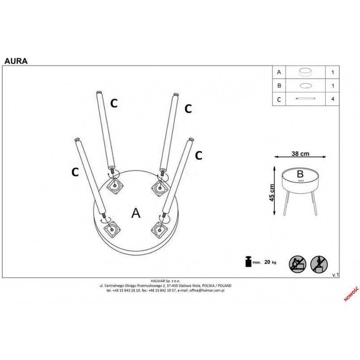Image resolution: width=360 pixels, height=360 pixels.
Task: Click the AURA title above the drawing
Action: coord(16,61)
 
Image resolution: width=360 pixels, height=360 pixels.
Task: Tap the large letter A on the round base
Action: coord(136,213)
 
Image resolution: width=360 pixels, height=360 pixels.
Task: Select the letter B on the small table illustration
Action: coord(300,174)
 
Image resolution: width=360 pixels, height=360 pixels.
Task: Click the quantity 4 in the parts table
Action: coord(332,99)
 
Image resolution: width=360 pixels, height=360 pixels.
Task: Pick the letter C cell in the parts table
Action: coord(279,100)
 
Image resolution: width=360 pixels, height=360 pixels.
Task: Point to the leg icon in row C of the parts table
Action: coord(305,99)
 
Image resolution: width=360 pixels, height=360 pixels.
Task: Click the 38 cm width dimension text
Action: coord(300,154)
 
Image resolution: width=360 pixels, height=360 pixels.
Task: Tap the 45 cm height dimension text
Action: coord(272,193)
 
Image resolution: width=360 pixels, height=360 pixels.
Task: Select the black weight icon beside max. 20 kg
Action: coord(248,261)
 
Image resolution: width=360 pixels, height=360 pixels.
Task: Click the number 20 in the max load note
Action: coord(267,262)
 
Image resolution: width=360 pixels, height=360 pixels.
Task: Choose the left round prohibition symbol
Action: coord(298,264)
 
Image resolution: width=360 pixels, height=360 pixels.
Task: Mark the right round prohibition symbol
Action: coord(319,264)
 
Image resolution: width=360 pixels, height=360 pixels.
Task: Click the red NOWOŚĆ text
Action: coord(351,294)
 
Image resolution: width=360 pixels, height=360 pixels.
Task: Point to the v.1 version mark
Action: coord(335,275)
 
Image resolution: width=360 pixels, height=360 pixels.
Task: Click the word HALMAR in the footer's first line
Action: coord(158,281)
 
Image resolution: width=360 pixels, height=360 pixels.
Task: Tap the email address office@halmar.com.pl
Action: coord(207,290)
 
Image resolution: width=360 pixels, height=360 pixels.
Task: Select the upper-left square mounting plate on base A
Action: coord(115,186)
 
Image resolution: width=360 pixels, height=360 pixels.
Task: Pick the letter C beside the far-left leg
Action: coord(75,172)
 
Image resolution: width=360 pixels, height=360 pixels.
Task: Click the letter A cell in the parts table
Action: coord(279,73)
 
